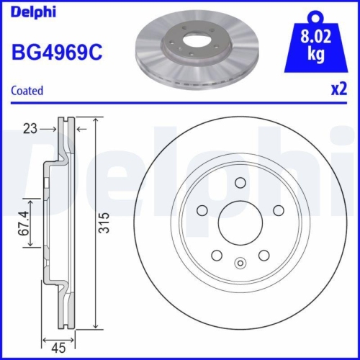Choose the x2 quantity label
pos(337,91)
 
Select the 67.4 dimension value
pos(23,223)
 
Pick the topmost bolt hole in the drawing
pos(239,183)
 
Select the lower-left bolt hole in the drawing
pos(215,254)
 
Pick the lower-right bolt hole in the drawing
pos(264,254)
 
